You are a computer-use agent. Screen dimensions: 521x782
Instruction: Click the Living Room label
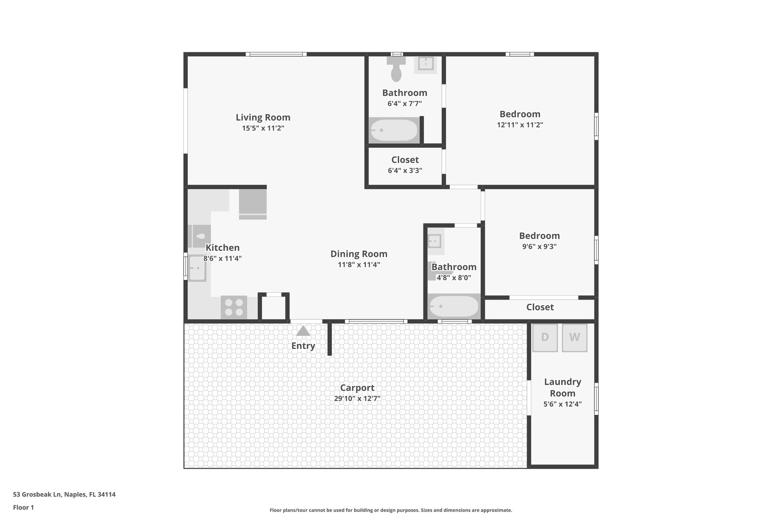click(263, 118)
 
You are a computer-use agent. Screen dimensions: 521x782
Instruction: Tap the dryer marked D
click(545, 337)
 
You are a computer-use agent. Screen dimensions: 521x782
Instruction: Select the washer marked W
click(574, 337)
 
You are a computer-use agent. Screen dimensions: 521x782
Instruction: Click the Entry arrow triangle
click(303, 331)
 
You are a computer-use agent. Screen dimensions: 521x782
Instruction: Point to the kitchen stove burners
click(234, 307)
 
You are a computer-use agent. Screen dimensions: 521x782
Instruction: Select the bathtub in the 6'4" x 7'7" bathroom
click(394, 131)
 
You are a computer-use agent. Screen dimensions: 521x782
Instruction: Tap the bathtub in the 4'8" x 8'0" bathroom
click(454, 306)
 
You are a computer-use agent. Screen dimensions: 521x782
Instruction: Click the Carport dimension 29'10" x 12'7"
click(357, 398)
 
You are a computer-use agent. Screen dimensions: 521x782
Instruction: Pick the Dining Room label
click(359, 254)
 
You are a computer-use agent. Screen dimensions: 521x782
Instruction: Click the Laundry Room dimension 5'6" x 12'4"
click(562, 404)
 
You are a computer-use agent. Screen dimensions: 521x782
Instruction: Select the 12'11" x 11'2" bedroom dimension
click(520, 125)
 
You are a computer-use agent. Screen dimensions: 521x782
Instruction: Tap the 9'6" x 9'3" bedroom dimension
click(539, 247)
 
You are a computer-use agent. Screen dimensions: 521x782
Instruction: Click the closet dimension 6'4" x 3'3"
click(405, 171)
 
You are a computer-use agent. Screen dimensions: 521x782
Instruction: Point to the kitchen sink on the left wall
click(197, 268)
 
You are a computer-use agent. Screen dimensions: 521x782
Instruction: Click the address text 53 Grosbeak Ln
click(64, 494)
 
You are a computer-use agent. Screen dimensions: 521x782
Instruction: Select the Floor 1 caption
click(23, 507)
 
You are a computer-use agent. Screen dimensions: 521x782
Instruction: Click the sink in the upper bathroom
click(425, 64)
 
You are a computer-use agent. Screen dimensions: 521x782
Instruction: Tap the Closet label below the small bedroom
click(540, 307)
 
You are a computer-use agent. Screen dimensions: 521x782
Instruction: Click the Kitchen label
click(222, 248)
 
